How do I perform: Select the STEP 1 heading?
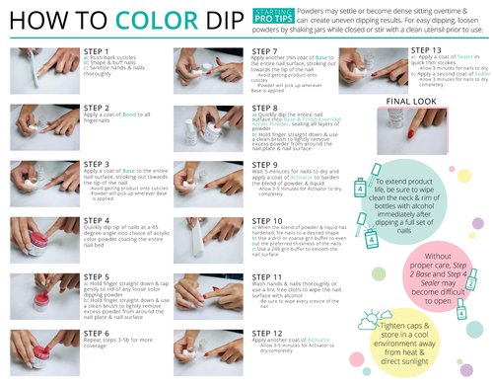(x=98, y=49)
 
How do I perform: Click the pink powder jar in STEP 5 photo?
(x=35, y=295)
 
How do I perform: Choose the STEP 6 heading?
(x=98, y=334)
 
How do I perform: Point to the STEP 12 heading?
(x=268, y=334)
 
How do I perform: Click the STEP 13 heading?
(x=425, y=49)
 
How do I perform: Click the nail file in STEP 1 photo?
(x=39, y=74)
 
